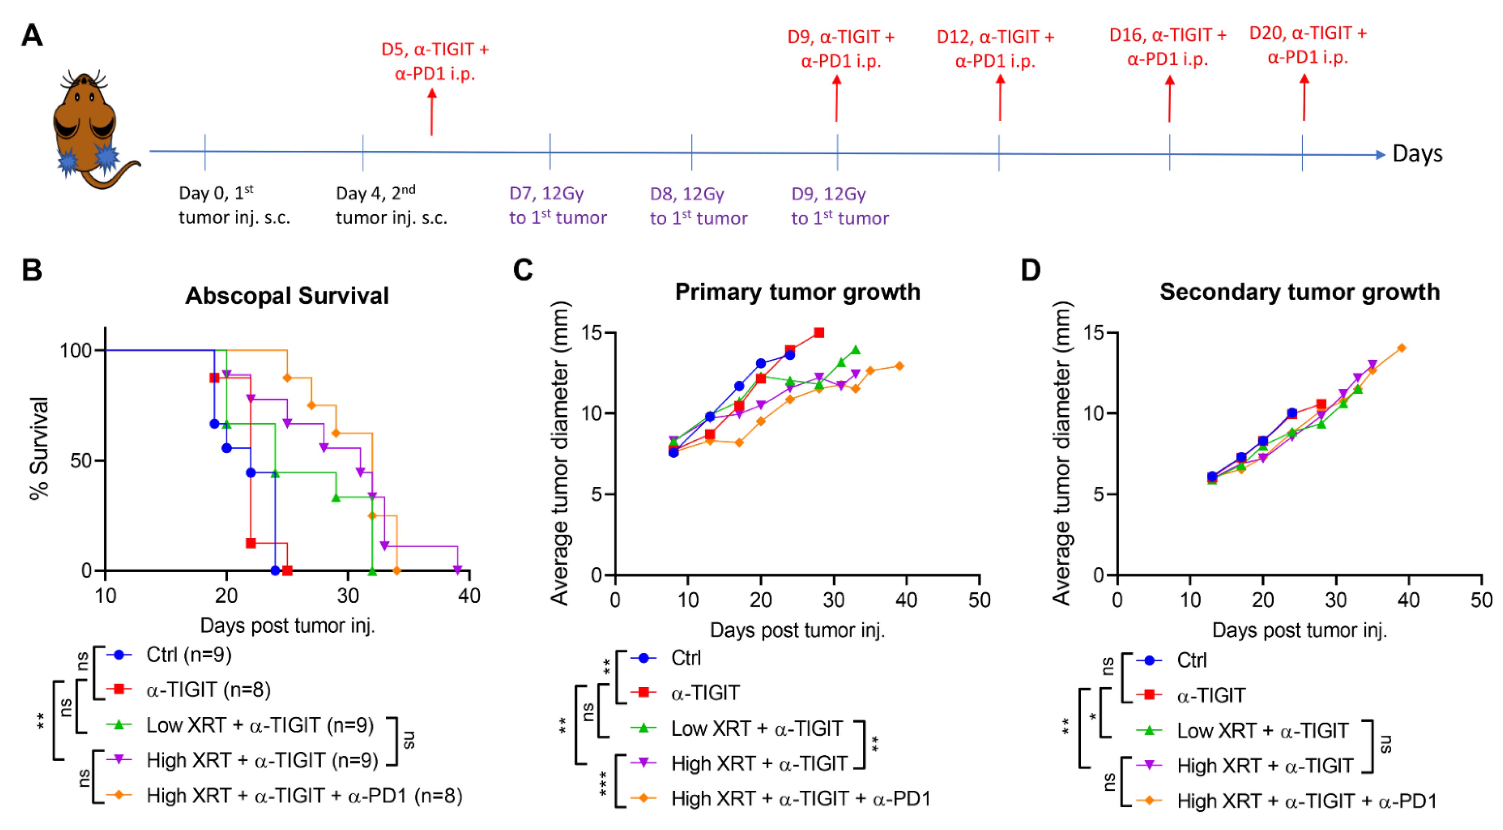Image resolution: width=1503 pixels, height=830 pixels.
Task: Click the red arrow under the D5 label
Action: point(432,111)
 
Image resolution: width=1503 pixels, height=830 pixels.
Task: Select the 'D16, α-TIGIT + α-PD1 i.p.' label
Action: point(1168,47)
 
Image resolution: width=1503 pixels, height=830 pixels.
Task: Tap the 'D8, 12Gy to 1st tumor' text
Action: point(698,205)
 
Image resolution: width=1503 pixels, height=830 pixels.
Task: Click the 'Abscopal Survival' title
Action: point(287,296)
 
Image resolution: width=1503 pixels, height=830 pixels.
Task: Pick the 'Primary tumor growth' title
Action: point(798,292)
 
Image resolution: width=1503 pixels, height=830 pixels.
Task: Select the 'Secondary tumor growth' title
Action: point(1299,292)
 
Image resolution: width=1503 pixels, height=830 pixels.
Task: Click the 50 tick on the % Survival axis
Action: point(81,460)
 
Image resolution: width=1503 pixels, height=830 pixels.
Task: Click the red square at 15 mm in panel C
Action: point(819,332)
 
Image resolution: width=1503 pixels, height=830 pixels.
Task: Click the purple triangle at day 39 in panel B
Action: point(457,569)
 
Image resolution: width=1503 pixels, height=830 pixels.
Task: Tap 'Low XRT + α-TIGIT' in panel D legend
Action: point(1262,730)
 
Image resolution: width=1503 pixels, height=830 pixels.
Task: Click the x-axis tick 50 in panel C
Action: point(979,600)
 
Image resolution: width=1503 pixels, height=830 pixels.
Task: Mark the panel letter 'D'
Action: point(1030,270)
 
